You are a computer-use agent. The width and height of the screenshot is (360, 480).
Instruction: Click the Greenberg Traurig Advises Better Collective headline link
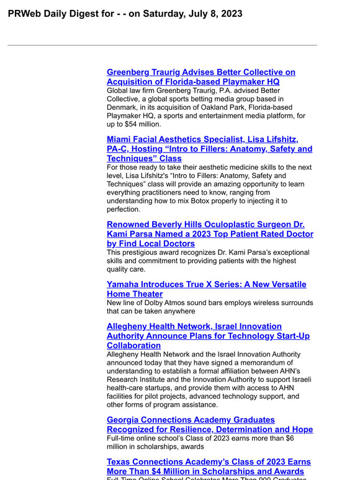200,73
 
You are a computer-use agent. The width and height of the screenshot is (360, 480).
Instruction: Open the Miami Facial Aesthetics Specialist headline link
202,140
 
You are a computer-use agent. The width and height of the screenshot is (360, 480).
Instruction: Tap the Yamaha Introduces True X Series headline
206,285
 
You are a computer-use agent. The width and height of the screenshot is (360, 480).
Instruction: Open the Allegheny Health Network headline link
194,326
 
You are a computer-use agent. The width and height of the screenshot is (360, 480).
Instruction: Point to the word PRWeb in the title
24,14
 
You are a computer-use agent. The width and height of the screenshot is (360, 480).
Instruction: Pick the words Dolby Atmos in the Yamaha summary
167,303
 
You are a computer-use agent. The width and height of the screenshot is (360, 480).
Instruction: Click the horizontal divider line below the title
162,45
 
